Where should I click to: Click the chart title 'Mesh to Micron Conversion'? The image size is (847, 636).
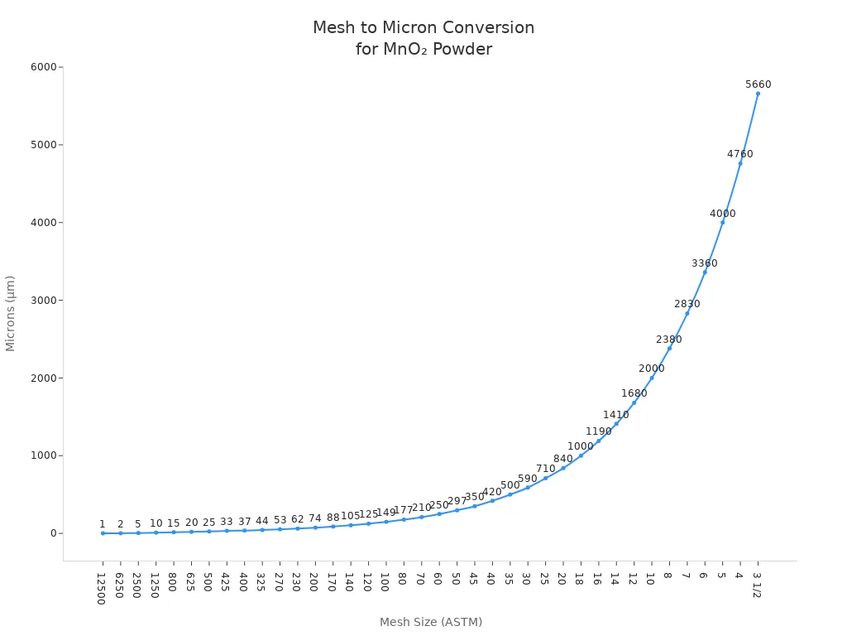coord(423,27)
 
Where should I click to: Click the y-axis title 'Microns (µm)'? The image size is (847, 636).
coord(11,313)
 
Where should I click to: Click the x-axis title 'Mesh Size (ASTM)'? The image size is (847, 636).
coord(430,622)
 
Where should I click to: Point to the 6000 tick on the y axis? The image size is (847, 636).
coord(43,67)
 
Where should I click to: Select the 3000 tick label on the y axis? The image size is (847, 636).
coord(43,300)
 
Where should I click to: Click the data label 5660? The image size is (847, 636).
coord(758,84)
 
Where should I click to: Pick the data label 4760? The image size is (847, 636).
coord(739,154)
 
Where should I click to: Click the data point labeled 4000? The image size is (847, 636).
coord(722,222)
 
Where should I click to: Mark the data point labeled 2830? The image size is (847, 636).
coord(687,313)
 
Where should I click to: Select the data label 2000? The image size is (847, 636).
coord(651,369)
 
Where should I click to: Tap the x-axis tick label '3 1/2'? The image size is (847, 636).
coord(756,585)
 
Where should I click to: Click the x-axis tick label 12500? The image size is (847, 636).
coord(101,589)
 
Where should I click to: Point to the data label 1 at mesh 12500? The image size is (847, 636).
coord(103,524)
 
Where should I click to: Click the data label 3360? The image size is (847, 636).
coord(705,263)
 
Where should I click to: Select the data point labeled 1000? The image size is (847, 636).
coord(581,455)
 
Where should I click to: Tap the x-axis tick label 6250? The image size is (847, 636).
coord(119,585)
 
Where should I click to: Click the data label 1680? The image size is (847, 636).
coord(634,393)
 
